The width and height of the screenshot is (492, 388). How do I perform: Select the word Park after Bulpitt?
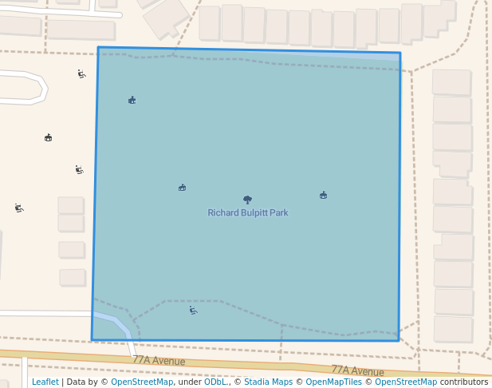coord(278,213)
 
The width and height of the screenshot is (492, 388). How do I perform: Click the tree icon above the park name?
coord(247,200)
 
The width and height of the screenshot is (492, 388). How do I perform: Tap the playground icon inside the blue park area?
coord(193,311)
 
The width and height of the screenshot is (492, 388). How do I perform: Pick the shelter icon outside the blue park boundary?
coord(48,137)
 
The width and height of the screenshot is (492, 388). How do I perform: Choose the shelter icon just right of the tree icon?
coord(323,195)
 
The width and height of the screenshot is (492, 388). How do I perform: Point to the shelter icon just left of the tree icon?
coord(183,188)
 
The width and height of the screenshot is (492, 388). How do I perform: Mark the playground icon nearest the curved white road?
coord(81,74)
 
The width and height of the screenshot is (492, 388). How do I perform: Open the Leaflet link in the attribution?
coord(45,382)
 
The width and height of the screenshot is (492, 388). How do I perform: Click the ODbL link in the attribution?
coord(215,382)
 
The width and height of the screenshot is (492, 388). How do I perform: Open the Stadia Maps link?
coord(268,382)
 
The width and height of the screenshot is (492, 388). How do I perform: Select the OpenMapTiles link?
coord(330,382)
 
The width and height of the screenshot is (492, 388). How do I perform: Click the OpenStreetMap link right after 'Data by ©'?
coord(142,382)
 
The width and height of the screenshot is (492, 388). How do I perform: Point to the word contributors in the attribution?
coord(463,382)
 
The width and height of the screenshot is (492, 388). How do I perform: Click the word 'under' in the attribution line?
coord(189,382)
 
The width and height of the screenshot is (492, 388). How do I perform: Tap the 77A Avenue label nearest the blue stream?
coord(159,361)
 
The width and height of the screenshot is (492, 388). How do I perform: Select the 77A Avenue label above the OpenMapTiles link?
coord(357,370)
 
